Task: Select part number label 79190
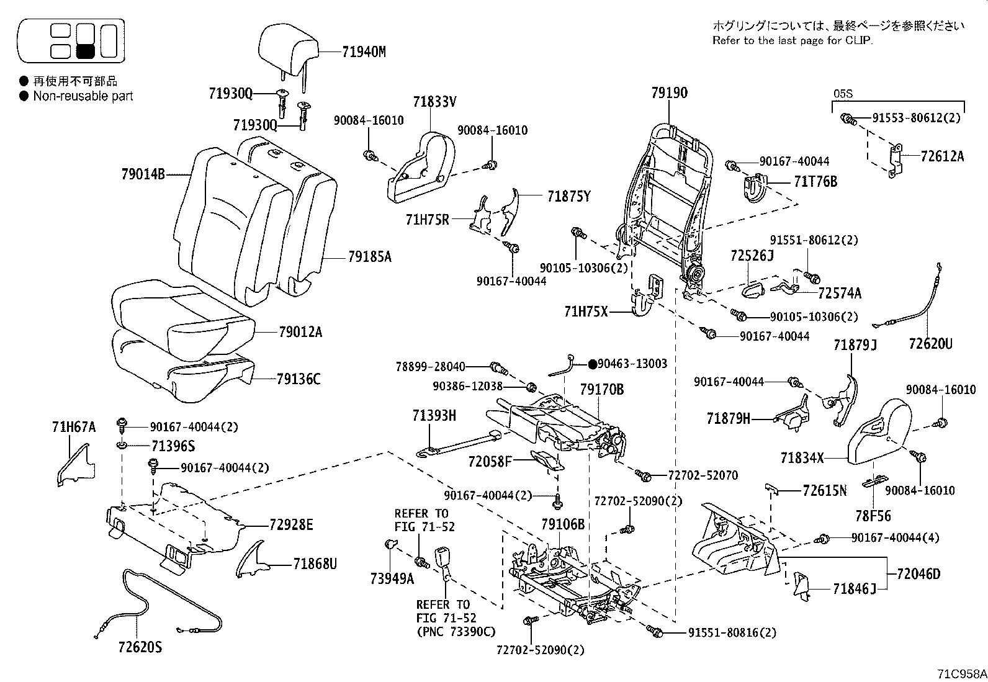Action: click(x=669, y=92)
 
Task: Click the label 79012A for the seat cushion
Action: click(x=300, y=332)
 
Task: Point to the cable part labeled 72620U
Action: click(x=912, y=298)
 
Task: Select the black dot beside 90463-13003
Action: click(x=592, y=364)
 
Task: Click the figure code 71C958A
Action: click(x=961, y=673)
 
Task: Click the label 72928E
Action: click(x=290, y=525)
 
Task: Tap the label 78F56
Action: click(x=873, y=515)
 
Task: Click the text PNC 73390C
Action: click(x=456, y=631)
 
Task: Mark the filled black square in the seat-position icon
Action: click(x=84, y=51)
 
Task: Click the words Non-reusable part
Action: click(x=83, y=96)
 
